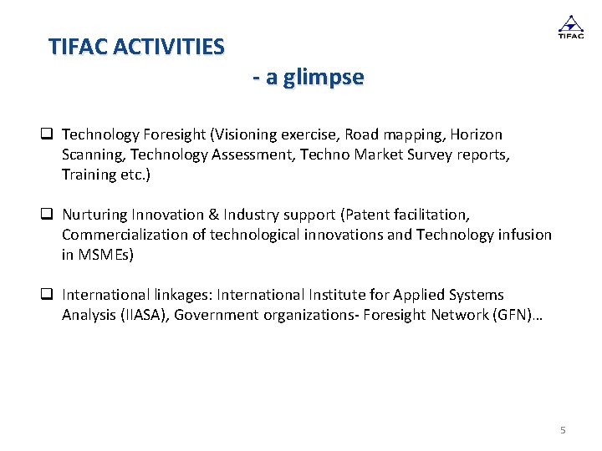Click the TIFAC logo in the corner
(x=570, y=27)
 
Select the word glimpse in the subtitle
(x=324, y=78)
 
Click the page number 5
(x=563, y=430)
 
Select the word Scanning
(x=93, y=155)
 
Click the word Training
(x=89, y=175)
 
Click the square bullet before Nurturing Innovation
(x=48, y=215)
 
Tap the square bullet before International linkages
(x=48, y=295)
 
